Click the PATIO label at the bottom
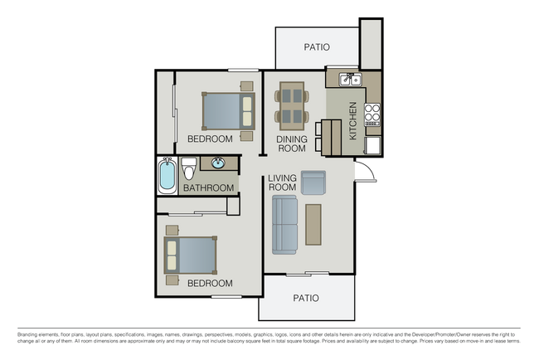[x=307, y=298]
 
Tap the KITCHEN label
[x=353, y=121]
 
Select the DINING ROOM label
[x=292, y=144]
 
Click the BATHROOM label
[x=208, y=188]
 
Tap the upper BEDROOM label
[x=210, y=139]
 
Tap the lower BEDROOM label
[x=210, y=284]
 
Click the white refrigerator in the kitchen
[x=373, y=146]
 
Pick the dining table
[x=291, y=104]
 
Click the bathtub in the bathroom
[x=167, y=175]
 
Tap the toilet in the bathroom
[x=188, y=169]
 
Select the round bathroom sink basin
[x=219, y=163]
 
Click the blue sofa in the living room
[x=284, y=225]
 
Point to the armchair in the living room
[x=313, y=182]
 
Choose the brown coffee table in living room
[x=313, y=224]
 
